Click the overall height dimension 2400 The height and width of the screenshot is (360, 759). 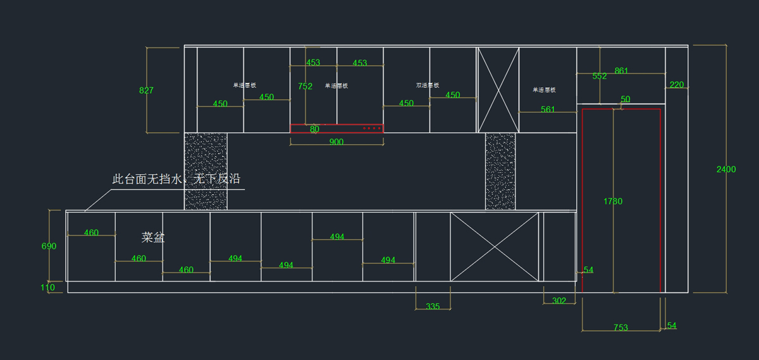[x=725, y=169]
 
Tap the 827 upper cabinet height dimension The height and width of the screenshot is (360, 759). [x=146, y=90]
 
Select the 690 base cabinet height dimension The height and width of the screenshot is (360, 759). [x=49, y=246]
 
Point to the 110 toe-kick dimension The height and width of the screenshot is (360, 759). [x=48, y=287]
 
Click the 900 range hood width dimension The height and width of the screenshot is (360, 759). [x=336, y=142]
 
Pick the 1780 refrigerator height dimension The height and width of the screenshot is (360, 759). [x=613, y=201]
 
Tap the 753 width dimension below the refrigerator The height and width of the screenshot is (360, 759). [x=620, y=328]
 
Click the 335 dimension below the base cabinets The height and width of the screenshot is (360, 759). [x=433, y=306]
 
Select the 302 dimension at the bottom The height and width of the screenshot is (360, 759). [x=559, y=301]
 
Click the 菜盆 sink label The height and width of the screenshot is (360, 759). [x=153, y=238]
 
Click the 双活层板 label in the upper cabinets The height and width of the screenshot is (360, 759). [x=428, y=85]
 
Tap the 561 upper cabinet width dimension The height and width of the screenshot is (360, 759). [x=548, y=109]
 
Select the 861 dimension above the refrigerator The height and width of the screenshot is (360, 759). [x=621, y=71]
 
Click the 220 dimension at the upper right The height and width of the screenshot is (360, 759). [x=676, y=85]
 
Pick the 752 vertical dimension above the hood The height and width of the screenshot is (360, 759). [x=305, y=87]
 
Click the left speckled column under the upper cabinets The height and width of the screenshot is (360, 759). [x=206, y=171]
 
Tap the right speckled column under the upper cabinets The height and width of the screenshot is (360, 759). [x=500, y=171]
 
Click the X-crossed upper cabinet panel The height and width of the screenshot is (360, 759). [x=498, y=89]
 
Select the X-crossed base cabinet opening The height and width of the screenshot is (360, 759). [x=494, y=247]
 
